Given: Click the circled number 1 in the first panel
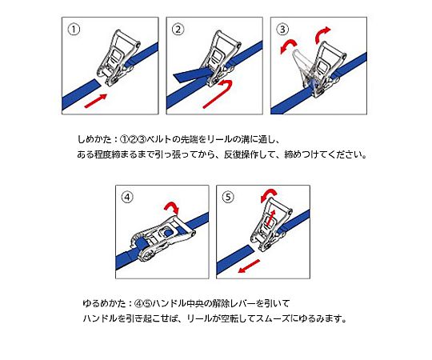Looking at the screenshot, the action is [74, 30].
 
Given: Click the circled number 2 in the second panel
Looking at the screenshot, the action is [178, 30].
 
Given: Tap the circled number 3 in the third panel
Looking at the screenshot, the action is [282, 30].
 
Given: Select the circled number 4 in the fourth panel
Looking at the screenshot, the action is [127, 198].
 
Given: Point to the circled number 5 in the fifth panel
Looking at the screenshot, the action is [228, 198].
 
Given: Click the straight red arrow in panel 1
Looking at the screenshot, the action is [95, 101].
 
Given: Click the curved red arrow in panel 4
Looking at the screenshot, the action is [172, 206].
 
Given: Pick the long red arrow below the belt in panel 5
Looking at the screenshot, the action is [249, 266].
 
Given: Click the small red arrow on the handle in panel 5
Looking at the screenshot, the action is [272, 217].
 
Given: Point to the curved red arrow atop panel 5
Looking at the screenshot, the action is [269, 194].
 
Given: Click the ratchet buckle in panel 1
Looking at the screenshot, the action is [119, 57].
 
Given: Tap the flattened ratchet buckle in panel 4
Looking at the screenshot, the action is [162, 238].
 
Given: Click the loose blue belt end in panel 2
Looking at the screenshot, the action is [192, 75].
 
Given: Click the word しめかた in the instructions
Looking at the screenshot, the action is [94, 139].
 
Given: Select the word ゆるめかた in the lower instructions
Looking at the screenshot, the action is [104, 303].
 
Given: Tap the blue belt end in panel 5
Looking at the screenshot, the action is [235, 259].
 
